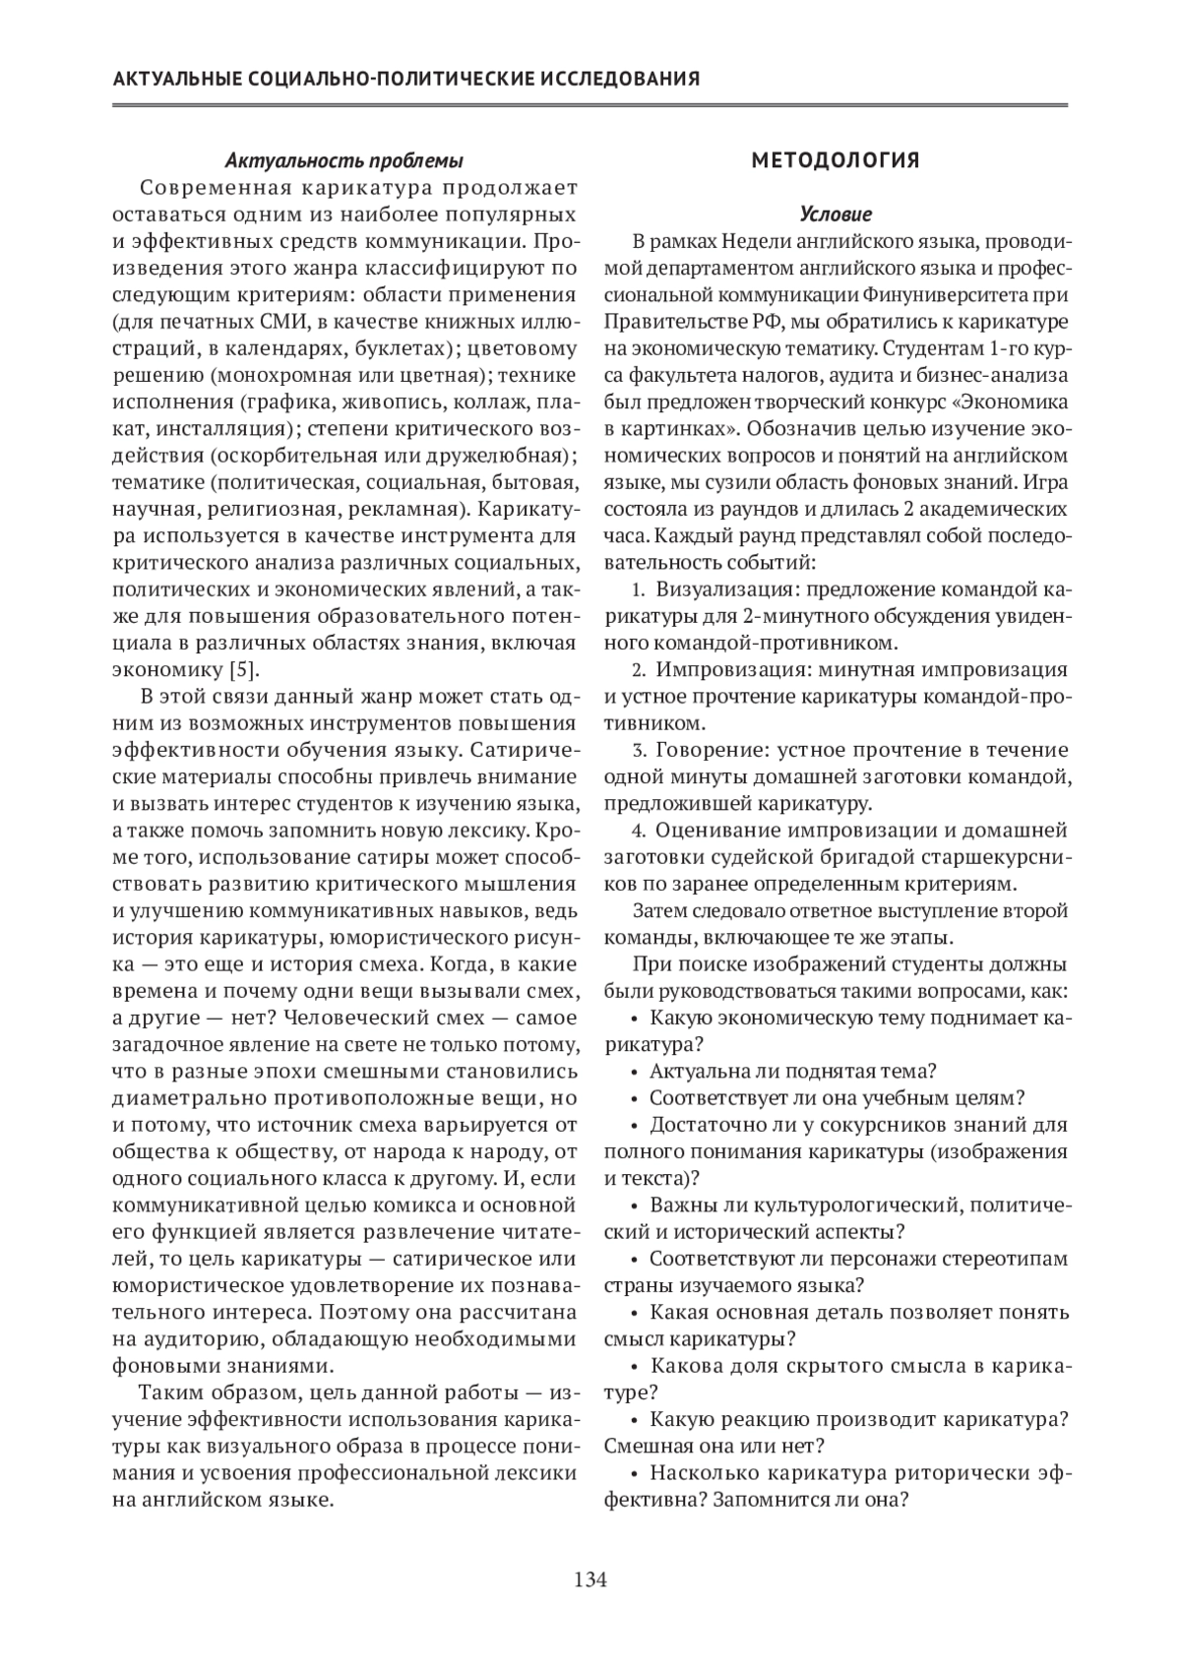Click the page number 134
coord(590,1580)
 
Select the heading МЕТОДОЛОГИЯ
coord(836,160)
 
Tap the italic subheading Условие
coord(836,214)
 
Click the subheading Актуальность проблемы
coord(343,160)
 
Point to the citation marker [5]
coord(243,670)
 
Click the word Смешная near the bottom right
coord(645,1447)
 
